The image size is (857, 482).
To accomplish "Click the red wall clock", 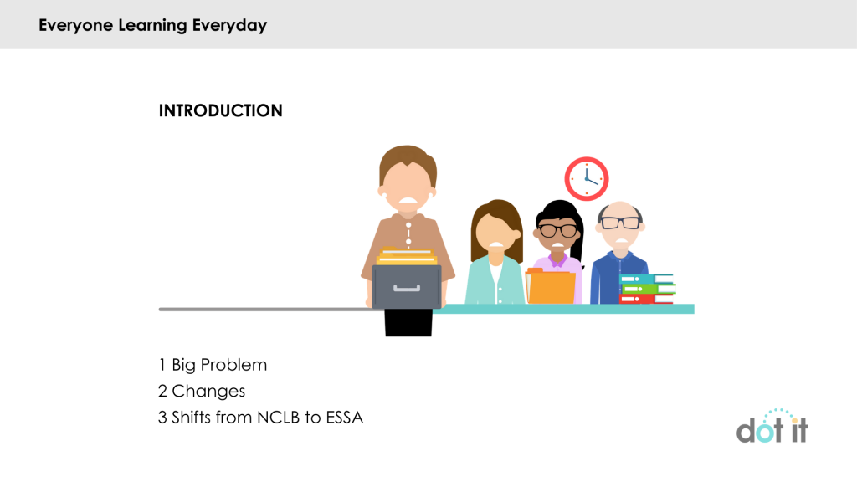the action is click(587, 179).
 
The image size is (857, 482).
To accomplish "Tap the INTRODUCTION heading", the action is click(220, 111).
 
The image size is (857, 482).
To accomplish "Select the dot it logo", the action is click(772, 426).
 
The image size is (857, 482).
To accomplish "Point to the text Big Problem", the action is click(219, 365).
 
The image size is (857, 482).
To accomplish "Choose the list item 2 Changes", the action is click(202, 392).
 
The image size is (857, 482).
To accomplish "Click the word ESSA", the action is click(344, 418).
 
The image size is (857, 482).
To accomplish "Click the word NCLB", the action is click(278, 418).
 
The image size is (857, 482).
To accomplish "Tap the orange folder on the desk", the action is click(551, 286).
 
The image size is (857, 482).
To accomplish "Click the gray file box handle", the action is click(407, 289).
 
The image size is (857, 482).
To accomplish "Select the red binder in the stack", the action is click(646, 299).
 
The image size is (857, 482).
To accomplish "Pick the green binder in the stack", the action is click(649, 289).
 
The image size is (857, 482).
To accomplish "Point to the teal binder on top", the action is click(645, 279).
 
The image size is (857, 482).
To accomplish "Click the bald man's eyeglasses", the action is click(620, 223).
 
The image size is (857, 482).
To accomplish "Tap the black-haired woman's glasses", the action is click(557, 230).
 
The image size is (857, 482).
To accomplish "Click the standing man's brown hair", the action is click(408, 162).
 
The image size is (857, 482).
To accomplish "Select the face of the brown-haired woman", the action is click(496, 232).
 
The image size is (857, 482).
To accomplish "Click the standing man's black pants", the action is click(408, 322).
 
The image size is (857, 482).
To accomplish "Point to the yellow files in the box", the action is click(407, 256).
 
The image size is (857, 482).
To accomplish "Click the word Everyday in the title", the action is click(229, 25).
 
